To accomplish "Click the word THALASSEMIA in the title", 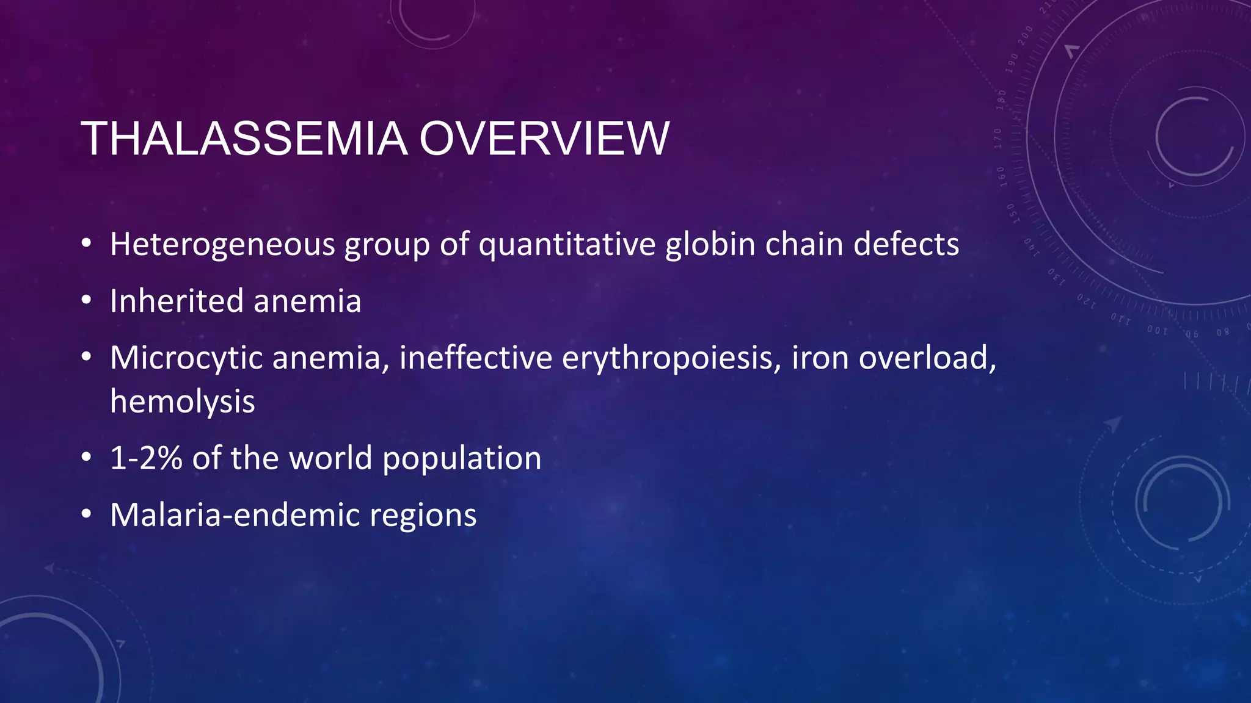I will [244, 139].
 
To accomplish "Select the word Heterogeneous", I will [222, 244].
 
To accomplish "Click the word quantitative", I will [567, 244].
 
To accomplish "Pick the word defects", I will [906, 244].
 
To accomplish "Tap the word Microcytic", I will [186, 358].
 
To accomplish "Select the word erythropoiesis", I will [671, 358].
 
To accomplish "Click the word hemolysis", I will [182, 402].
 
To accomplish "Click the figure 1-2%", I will [146, 458].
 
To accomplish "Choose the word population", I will [462, 458].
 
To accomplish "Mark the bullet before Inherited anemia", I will [87, 301].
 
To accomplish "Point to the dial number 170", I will [998, 139].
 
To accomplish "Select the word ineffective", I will [476, 358].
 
